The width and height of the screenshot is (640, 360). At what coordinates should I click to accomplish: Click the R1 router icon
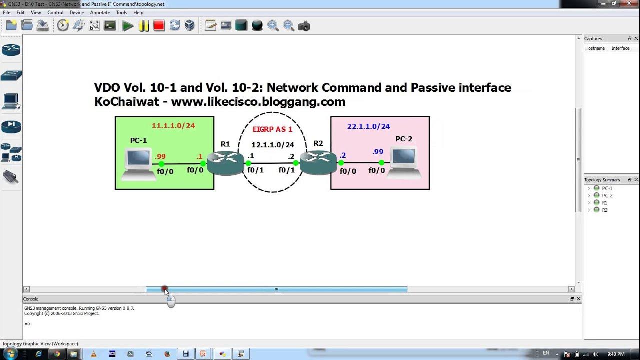(x=225, y=163)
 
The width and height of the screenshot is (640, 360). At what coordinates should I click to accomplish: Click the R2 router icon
(x=318, y=163)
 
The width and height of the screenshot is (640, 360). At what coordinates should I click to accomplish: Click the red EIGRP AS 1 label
(x=272, y=129)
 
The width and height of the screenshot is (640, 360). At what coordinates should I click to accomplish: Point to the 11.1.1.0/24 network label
(x=173, y=126)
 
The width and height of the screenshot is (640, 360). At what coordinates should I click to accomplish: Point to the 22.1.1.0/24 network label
(x=368, y=127)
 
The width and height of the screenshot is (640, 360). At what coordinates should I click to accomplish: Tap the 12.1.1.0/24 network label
(x=272, y=145)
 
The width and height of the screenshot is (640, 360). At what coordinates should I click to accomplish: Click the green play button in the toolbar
(x=128, y=26)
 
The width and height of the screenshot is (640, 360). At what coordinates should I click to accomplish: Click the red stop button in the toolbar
(x=159, y=26)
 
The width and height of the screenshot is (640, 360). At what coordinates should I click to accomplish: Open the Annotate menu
(x=100, y=12)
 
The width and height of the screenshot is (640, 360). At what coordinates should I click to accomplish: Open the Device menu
(x=77, y=12)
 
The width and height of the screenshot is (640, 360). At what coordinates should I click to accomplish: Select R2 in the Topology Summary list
(x=604, y=210)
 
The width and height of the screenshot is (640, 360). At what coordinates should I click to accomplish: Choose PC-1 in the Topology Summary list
(x=607, y=188)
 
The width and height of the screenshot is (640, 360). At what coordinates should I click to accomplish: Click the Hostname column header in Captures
(x=595, y=48)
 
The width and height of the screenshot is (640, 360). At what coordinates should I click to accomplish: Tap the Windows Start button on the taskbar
(x=10, y=354)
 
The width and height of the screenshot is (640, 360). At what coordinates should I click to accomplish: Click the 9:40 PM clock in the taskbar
(x=616, y=354)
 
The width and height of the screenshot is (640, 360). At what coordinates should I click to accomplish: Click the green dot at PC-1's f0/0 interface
(x=161, y=164)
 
